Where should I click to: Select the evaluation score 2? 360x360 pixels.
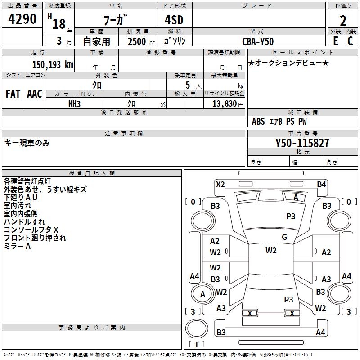pos(343,20)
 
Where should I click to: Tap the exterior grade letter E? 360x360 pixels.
pos(335,40)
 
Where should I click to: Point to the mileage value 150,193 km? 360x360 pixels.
pos(53,65)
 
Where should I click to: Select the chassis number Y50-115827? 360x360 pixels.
pos(302,143)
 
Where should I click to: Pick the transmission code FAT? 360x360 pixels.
pos(13,94)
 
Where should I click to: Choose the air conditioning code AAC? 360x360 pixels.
pos(34,94)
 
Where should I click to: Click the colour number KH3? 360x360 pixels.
pos(74,103)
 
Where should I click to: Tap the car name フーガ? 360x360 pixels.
pos(116,20)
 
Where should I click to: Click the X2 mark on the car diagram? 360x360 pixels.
pos(220,184)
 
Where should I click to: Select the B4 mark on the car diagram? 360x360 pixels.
pos(321,184)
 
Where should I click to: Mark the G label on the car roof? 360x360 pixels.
pos(284,237)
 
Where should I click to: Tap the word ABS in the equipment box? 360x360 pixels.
pos(258,121)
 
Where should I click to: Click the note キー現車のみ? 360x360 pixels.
pos(27,143)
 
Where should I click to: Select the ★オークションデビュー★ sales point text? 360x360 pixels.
pos(288,63)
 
